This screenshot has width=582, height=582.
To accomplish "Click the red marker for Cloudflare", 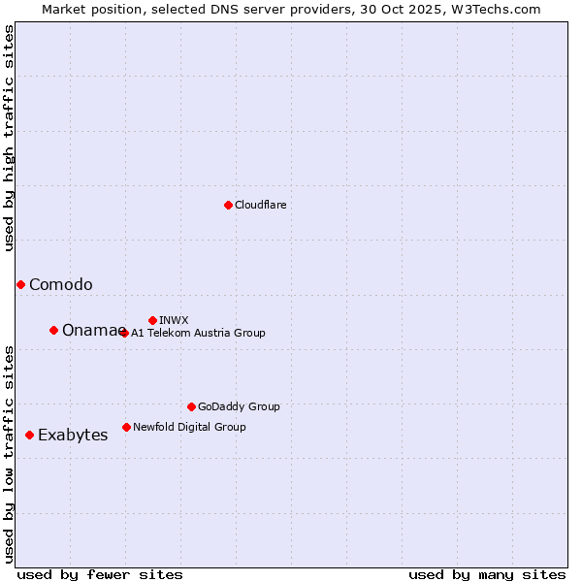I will pos(228,205).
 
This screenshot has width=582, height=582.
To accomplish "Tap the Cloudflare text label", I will pos(261,206).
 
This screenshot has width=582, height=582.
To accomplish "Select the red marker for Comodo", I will pos(20,284).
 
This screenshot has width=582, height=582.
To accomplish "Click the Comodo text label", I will pos(61,285).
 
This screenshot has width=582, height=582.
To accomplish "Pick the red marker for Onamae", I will pos(53,330).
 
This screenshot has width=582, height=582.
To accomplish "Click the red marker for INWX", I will pos(152,320).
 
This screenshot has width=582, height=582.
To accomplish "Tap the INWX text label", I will pos(174,320).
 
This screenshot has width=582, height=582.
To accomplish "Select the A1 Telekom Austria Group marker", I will pos(124,333).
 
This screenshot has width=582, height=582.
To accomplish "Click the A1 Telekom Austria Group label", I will pos(198,333).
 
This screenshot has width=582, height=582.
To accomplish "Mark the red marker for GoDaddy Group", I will pos(191,406).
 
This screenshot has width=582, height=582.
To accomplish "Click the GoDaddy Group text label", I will pos(239,407).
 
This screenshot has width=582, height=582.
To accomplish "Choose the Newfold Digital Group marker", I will pos(126,427).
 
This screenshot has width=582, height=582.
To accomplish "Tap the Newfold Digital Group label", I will pos(189,427).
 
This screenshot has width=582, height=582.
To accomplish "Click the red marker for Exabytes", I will pos(29,435).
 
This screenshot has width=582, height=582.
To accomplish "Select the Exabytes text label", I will pos(73,436).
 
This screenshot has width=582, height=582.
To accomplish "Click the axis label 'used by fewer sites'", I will pos(100,574).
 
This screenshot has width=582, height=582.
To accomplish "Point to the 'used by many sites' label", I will pos(487,574).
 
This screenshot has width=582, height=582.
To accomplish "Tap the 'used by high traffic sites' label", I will pos(10,139).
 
